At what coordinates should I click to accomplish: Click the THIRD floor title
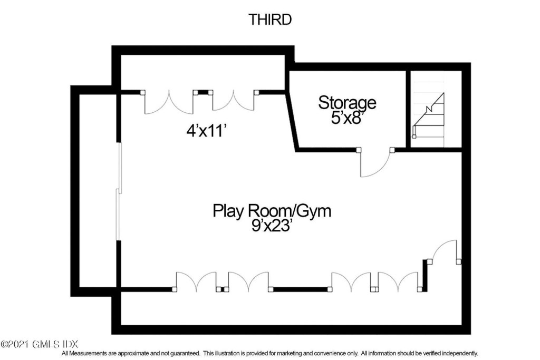pyautogui.click(x=270, y=20)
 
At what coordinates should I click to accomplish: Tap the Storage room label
pyautogui.click(x=347, y=103)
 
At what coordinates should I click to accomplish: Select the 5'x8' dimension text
pyautogui.click(x=347, y=118)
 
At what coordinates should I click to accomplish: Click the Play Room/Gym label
pyautogui.click(x=272, y=211)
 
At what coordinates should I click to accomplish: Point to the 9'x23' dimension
pyautogui.click(x=272, y=226)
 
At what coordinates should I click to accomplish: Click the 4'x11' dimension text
pyautogui.click(x=206, y=131)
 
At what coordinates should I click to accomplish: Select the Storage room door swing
pyautogui.click(x=375, y=163)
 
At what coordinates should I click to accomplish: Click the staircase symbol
pyautogui.click(x=429, y=115)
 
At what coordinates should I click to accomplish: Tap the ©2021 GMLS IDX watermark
pyautogui.click(x=40, y=344)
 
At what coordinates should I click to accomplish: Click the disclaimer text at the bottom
pyautogui.click(x=270, y=354)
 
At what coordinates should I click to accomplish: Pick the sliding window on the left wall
pyautogui.click(x=119, y=191)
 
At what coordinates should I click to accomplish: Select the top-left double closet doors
pyautogui.click(x=169, y=102)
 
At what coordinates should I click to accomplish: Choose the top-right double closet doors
pyautogui.click(x=234, y=102)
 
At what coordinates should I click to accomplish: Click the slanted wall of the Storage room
pyautogui.click(x=292, y=121)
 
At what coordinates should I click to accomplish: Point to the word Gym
pyautogui.click(x=314, y=211)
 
